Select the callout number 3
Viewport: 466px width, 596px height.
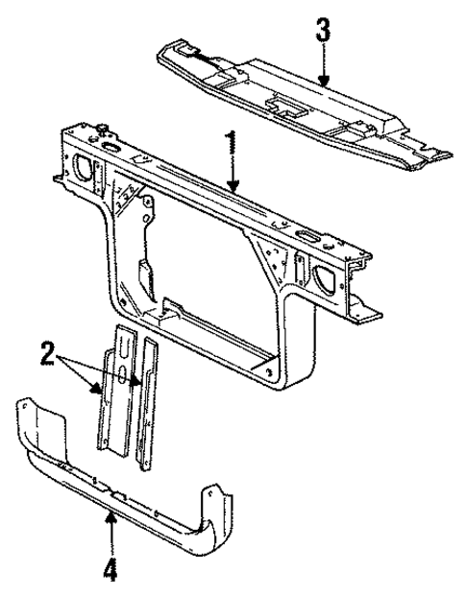pyautogui.click(x=325, y=31)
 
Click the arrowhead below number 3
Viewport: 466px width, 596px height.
pyautogui.click(x=325, y=83)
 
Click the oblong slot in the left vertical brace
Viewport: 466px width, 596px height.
pyautogui.click(x=123, y=378)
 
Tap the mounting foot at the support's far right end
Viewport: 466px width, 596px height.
pyautogui.click(x=369, y=315)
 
